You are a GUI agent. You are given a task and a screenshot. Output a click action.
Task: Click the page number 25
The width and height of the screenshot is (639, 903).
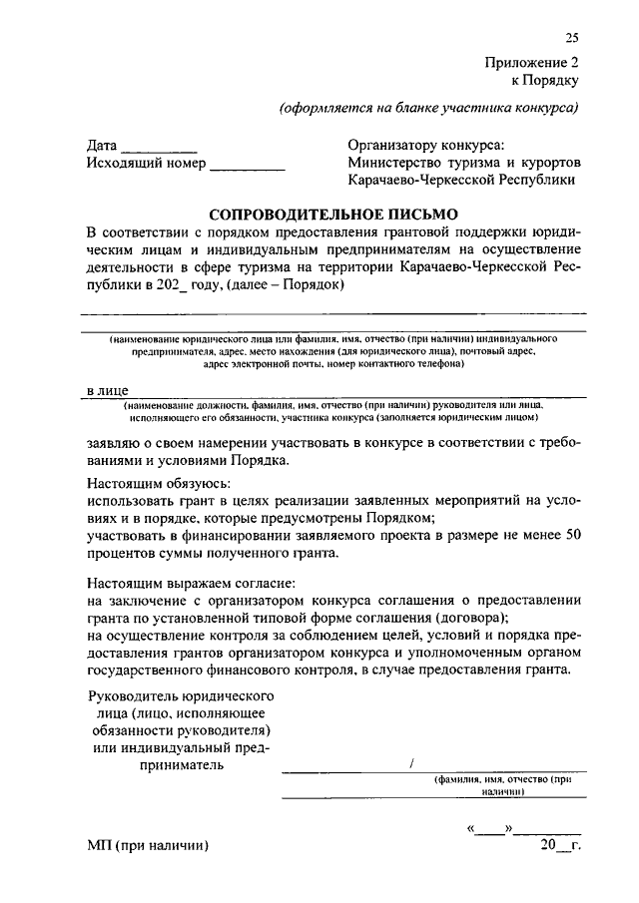[x=572, y=39]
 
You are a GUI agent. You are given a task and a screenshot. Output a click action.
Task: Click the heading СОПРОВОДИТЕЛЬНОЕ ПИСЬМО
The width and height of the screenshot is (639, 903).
[x=332, y=214]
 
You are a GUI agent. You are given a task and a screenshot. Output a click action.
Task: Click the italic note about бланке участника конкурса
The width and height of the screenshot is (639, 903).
[x=429, y=108]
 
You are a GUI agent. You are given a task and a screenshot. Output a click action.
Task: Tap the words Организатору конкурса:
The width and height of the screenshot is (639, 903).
[x=426, y=145]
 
